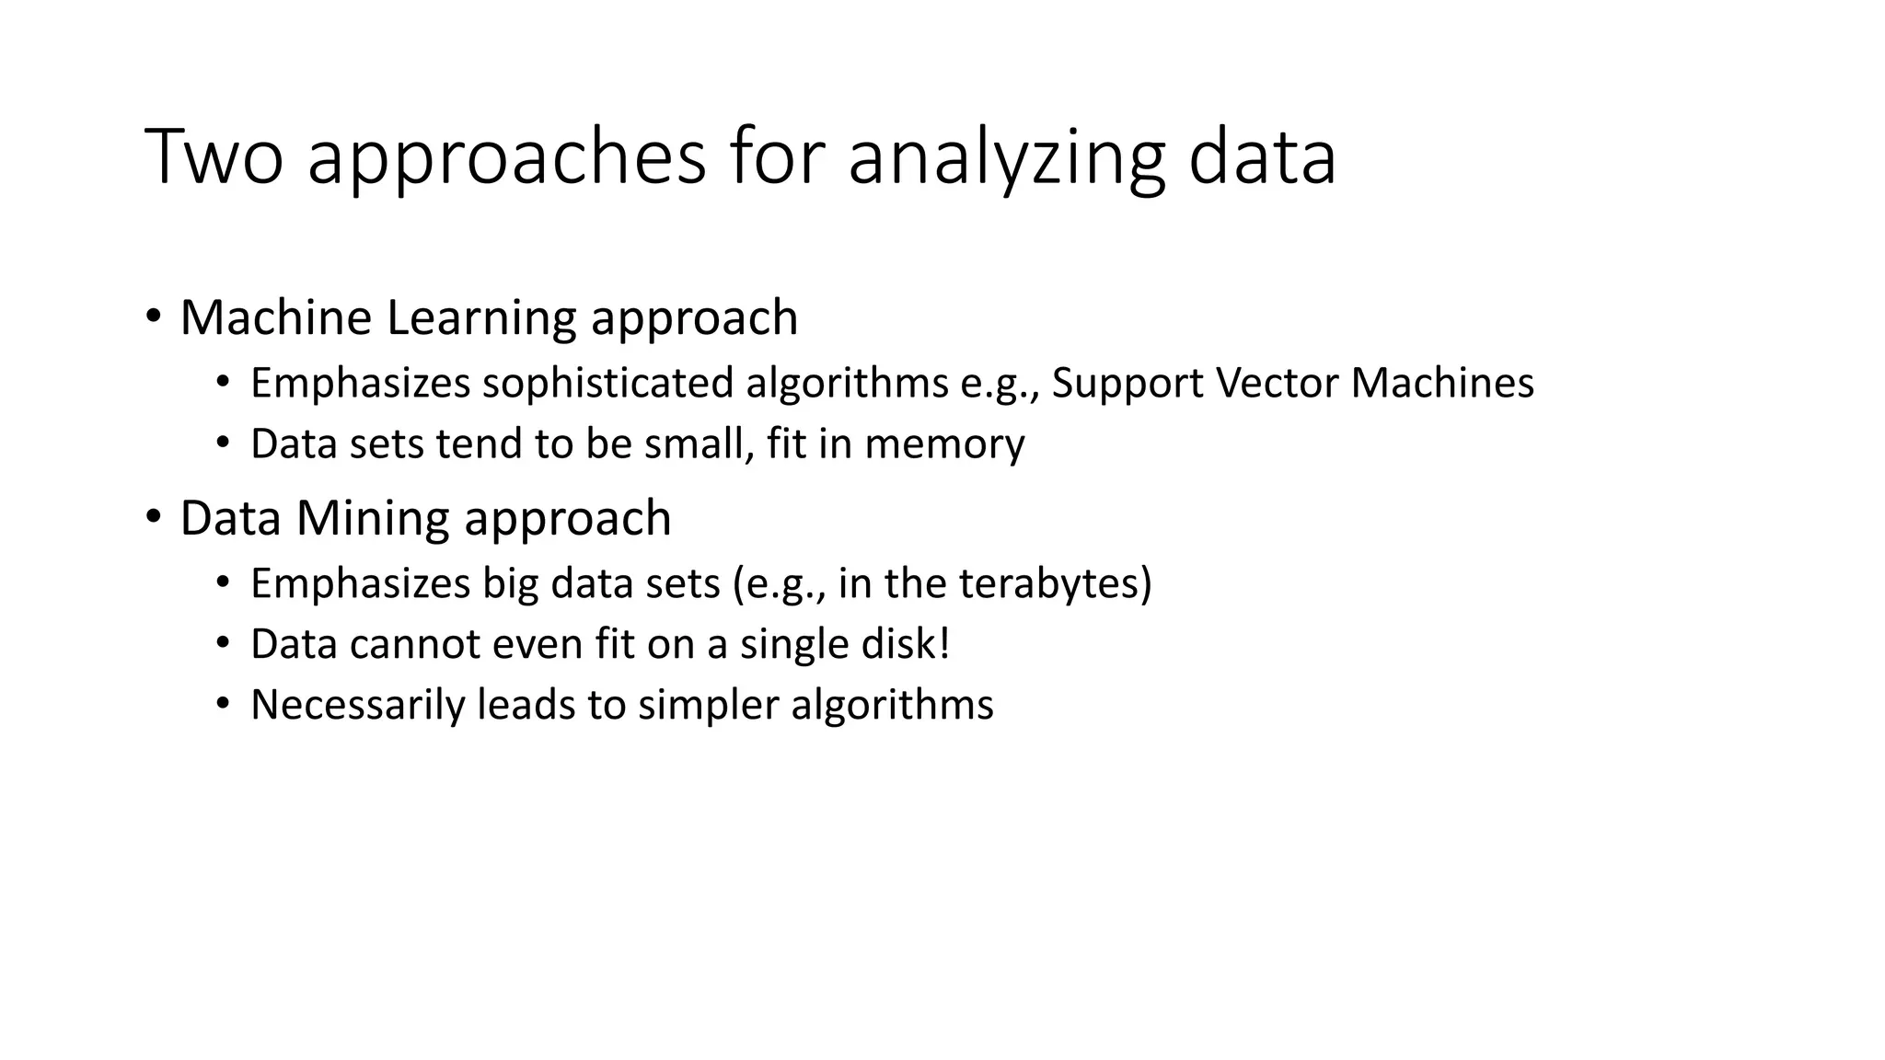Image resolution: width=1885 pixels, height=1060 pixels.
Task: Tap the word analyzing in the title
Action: coord(1006,158)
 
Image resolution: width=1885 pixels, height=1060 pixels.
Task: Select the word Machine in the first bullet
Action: coord(275,317)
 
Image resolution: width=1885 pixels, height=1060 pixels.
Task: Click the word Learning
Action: coord(482,319)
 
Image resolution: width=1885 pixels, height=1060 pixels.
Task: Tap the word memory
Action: coord(944,445)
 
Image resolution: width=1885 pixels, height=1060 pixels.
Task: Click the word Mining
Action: coord(375,519)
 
